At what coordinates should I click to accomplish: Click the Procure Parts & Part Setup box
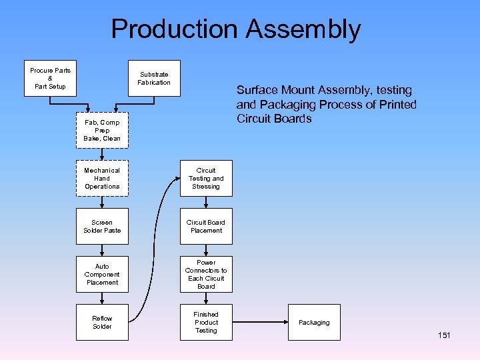point(50,79)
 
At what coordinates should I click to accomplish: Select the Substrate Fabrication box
point(154,79)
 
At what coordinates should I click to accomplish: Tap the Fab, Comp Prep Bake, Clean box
point(102,131)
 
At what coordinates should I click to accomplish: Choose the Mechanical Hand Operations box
point(102,179)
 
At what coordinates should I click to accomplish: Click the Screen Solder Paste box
point(102,227)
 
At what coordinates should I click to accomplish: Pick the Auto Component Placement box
point(102,274)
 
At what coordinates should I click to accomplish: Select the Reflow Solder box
point(102,323)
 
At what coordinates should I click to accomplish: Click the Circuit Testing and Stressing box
point(206,179)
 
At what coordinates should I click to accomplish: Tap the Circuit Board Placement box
point(206,227)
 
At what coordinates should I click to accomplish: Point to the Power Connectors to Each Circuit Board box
point(206,274)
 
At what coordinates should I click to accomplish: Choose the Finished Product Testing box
point(206,323)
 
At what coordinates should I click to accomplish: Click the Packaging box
point(314,323)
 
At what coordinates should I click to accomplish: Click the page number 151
point(444,335)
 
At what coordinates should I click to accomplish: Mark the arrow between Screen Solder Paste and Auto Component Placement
point(102,250)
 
